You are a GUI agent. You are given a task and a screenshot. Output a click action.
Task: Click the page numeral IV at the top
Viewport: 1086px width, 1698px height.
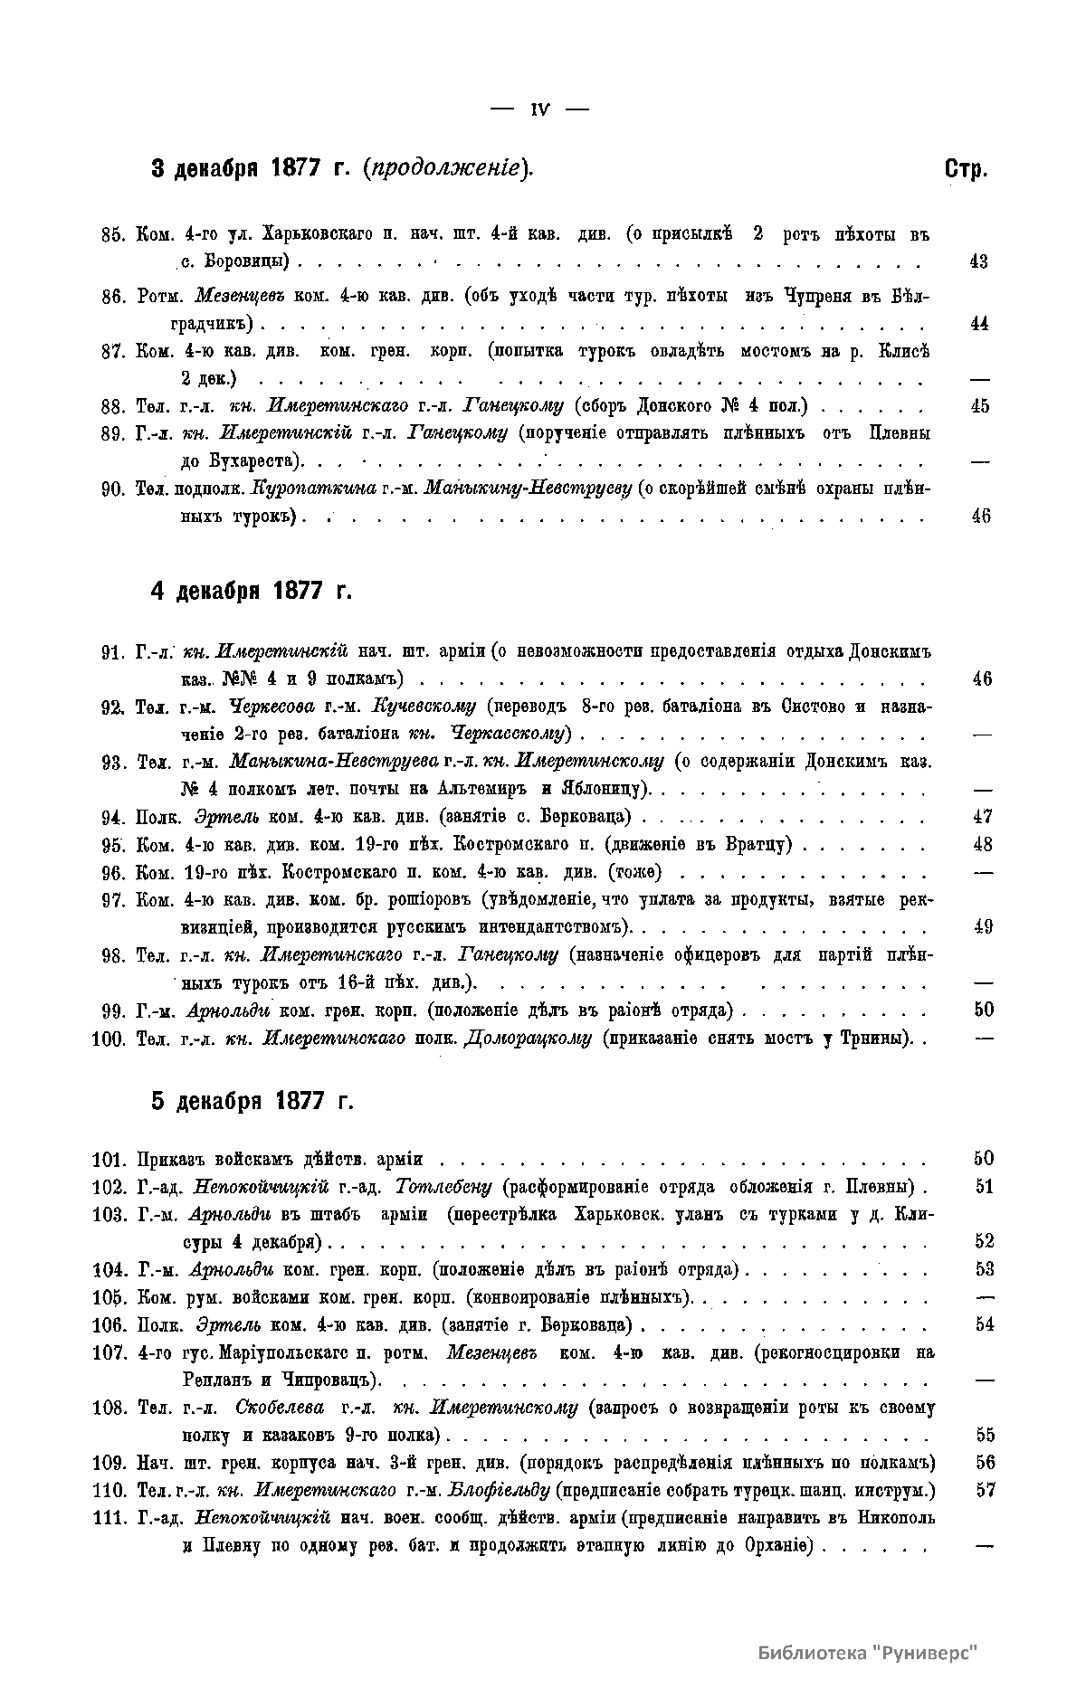[x=540, y=109]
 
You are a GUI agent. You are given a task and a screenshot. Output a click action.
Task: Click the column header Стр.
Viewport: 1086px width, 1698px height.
[x=966, y=169]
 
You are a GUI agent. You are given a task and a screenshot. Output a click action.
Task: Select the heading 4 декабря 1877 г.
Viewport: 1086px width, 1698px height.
[x=251, y=592]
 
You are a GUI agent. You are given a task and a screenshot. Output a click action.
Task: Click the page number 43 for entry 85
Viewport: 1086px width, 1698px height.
[x=978, y=262]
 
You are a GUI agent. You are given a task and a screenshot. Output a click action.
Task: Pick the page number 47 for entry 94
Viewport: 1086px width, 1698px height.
[x=982, y=818]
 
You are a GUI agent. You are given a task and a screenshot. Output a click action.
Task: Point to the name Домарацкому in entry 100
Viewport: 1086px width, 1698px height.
[x=528, y=1039]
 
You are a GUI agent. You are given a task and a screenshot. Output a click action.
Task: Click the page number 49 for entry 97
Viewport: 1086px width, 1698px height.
[x=983, y=927]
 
